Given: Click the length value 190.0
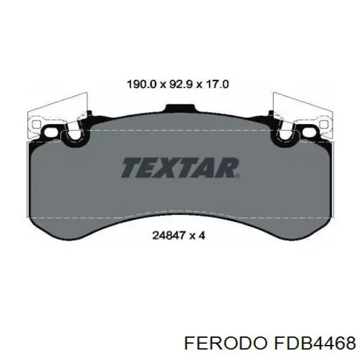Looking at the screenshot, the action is point(142,85).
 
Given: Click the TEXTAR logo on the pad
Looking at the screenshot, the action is point(180,167).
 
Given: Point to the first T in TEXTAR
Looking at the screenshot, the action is point(132,167).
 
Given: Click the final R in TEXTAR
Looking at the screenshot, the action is point(228,167).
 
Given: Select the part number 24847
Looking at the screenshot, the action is point(169,235).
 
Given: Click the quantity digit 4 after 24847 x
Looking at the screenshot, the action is point(202,235).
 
